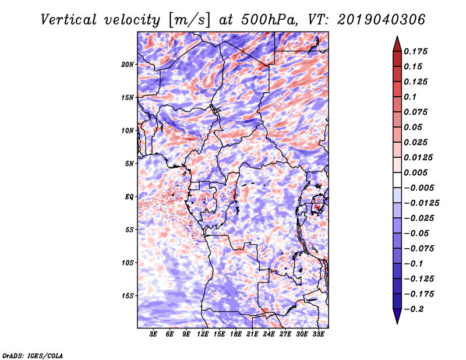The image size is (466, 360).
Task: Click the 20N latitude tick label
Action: coord(128,64)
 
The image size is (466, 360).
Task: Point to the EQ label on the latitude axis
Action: coord(129,197)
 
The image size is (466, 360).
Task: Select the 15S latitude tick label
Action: coord(128,296)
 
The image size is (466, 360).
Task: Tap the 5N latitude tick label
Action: coord(129,164)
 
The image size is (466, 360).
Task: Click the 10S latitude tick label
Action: coord(128,263)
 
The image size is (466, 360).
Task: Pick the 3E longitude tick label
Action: coord(154,335)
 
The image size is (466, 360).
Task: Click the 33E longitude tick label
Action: coord(318,335)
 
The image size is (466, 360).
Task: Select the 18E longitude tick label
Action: coord(236,335)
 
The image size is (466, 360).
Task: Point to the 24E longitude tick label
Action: coord(269,335)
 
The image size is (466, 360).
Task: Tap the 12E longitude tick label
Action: coord(203,335)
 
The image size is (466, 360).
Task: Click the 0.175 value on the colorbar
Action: coord(416,51)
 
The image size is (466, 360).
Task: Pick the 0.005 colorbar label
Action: coord(416,172)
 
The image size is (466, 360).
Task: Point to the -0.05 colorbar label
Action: coord(418,233)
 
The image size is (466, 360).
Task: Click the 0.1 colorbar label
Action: coord(411,97)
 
